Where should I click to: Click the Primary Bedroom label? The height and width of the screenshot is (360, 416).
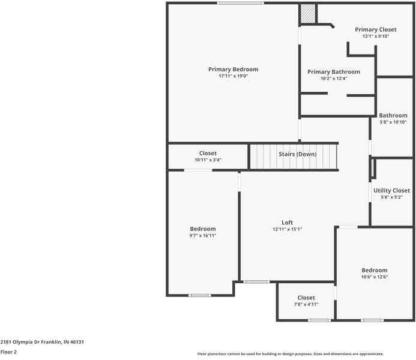pyautogui.click(x=233, y=70)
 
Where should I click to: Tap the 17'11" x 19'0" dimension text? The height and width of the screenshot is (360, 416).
pyautogui.click(x=233, y=76)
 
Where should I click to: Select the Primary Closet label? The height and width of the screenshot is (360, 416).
pyautogui.click(x=375, y=29)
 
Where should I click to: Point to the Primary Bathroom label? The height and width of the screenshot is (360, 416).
pyautogui.click(x=334, y=72)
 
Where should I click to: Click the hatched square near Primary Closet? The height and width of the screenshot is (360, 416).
pyautogui.click(x=308, y=14)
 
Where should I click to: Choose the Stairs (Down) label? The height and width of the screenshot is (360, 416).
pyautogui.click(x=297, y=154)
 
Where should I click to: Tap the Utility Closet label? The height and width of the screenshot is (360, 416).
pyautogui.click(x=391, y=191)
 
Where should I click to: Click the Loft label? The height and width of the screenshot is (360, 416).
pyautogui.click(x=287, y=223)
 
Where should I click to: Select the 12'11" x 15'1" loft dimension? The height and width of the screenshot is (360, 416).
pyautogui.click(x=287, y=229)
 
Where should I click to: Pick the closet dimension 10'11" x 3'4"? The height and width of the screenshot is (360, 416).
pyautogui.click(x=208, y=160)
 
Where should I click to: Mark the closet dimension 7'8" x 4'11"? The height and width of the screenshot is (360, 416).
pyautogui.click(x=306, y=304)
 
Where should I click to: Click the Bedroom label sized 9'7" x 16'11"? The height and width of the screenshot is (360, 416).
pyautogui.click(x=203, y=229)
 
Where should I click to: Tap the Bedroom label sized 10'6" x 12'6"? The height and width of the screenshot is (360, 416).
pyautogui.click(x=374, y=270)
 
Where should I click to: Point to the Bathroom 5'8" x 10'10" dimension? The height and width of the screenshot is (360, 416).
pyautogui.click(x=393, y=122)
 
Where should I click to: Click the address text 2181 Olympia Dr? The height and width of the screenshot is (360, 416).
pyautogui.click(x=42, y=341)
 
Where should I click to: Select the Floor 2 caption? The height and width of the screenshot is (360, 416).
pyautogui.click(x=8, y=352)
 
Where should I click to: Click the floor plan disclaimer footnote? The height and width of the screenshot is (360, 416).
pyautogui.click(x=291, y=354)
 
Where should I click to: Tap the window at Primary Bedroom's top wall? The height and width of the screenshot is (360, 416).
pyautogui.click(x=240, y=4)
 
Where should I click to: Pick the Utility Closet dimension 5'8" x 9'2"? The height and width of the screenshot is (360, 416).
pyautogui.click(x=391, y=197)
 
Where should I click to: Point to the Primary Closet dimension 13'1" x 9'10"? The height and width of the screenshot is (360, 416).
pyautogui.click(x=375, y=36)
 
